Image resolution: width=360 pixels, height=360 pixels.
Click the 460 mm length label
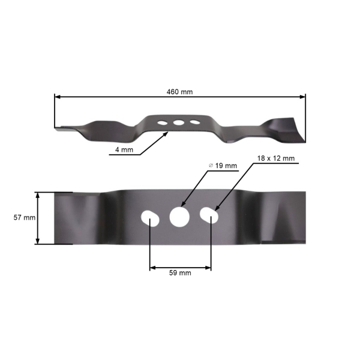pos(179,92)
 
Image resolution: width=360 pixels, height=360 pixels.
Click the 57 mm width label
pos(25,218)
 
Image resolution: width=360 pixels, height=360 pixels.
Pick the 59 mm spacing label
pos(181,272)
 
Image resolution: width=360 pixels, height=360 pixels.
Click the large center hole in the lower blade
pos(179,217)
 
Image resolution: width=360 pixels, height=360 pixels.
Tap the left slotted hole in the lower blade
pos(150,217)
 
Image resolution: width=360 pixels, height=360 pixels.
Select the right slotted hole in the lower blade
pos(209,215)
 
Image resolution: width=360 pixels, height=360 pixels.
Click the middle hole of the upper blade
pos(178,122)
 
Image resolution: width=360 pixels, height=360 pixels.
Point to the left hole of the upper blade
pos(162,122)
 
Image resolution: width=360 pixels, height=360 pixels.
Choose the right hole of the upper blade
pos(194,122)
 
